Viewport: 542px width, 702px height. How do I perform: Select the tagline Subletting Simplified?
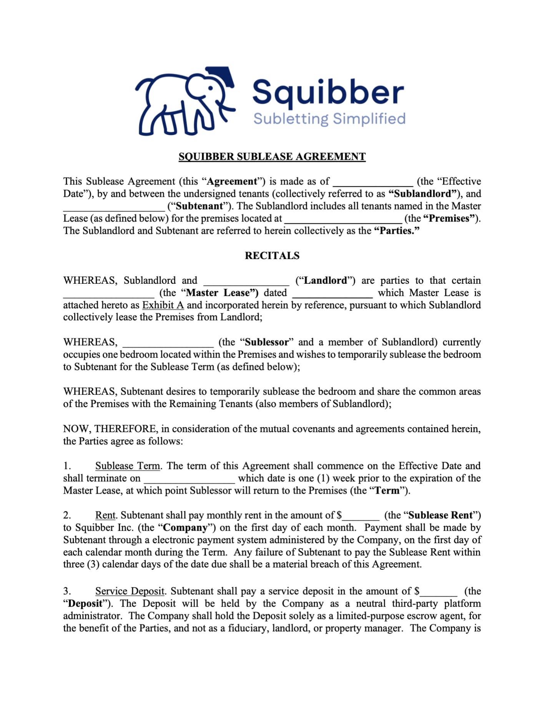329,119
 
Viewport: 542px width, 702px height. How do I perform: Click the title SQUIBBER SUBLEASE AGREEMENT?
272,156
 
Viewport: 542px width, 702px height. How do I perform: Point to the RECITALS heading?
272,256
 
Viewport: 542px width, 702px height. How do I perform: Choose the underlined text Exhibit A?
163,305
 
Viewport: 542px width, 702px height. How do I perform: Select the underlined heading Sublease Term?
128,466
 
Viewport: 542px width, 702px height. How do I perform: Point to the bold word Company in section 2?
185,527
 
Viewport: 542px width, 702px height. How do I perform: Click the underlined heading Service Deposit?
130,591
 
